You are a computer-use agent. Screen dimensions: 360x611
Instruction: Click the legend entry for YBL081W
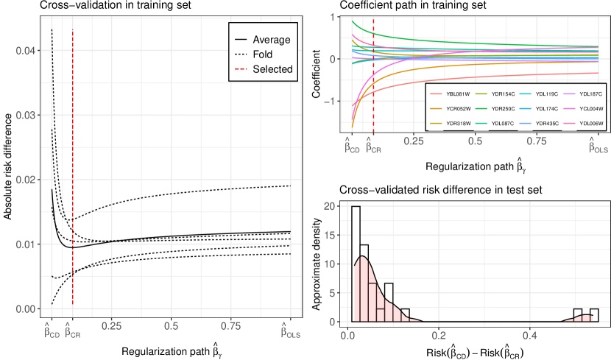coord(453,94)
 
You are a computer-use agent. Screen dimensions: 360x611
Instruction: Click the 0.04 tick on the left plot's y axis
coord(24,50)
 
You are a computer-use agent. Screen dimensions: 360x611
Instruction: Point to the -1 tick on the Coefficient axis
coord(336,101)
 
